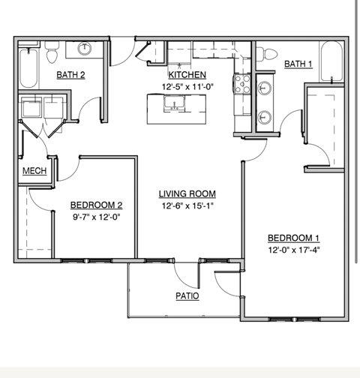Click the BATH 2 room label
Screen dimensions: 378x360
pos(71,74)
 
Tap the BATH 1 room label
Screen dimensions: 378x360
pos(298,64)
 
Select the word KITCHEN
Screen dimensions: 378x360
pos(187,76)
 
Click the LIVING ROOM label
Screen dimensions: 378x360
pos(187,194)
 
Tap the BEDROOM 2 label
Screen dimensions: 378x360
pos(96,205)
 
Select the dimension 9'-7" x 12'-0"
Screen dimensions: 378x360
pos(96,217)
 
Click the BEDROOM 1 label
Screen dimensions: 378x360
pos(293,238)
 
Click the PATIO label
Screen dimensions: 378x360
pos(187,296)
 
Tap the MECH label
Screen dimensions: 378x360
pos(34,172)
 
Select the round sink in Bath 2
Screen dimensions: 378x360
pos(85,49)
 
